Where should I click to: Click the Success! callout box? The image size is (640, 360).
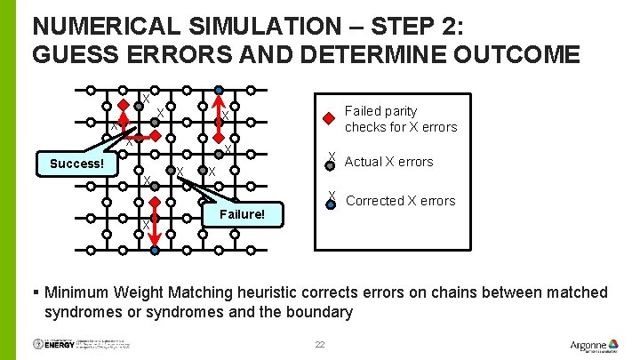coord(76,164)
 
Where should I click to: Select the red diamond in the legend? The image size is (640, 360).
coord(328,117)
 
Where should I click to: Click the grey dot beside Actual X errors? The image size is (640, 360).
coord(330,165)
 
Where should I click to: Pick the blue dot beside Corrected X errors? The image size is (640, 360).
coord(330,204)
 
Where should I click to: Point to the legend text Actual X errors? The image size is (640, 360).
coord(388,162)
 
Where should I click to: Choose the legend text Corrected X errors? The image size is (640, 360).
coord(400,201)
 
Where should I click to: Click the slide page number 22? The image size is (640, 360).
coord(320,345)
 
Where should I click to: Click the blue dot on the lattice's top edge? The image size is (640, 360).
coord(220,90)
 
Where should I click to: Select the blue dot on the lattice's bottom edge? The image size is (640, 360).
coord(155,252)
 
